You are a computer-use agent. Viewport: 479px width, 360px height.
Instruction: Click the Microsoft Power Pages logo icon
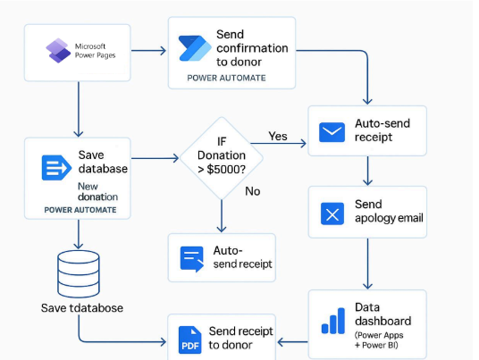(58, 51)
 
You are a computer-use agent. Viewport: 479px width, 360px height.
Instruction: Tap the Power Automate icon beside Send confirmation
(195, 48)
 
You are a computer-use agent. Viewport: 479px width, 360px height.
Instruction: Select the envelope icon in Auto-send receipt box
(332, 132)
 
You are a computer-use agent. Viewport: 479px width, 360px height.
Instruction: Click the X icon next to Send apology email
(332, 213)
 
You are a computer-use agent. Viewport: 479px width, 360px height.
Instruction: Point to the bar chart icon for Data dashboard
(333, 321)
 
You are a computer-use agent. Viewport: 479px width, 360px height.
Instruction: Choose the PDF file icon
(190, 339)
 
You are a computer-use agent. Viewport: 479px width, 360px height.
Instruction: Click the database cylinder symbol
(79, 274)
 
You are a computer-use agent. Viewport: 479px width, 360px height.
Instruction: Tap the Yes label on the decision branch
(278, 136)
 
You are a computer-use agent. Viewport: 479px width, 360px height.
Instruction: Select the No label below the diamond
(253, 191)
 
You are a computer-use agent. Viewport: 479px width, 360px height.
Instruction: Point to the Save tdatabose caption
(82, 308)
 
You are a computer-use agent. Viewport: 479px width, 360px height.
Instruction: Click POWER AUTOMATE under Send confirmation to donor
(226, 78)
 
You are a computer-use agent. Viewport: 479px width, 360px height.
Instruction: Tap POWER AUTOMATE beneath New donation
(80, 210)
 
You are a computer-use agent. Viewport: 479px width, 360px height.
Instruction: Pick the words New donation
(97, 191)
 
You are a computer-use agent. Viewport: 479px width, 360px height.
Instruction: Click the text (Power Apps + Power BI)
(379, 340)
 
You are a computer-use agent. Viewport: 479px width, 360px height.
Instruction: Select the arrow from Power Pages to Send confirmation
(148, 51)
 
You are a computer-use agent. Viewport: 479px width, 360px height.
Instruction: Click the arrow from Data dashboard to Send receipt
(292, 342)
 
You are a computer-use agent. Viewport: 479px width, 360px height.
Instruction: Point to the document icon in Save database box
(56, 168)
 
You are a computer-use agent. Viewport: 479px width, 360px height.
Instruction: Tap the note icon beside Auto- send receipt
(192, 259)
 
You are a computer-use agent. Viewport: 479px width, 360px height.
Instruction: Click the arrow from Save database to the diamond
(155, 158)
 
